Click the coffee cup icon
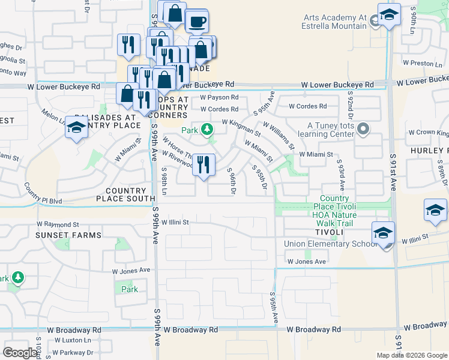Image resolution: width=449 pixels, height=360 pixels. click(197, 22)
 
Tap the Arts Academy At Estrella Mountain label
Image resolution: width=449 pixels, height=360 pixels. click(335, 22)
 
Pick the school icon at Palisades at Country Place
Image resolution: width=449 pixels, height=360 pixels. click(76, 128)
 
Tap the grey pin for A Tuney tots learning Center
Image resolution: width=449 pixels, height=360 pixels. click(363, 129)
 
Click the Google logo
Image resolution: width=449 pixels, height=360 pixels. click(20, 352)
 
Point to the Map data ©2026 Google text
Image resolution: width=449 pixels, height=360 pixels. click(412, 355)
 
